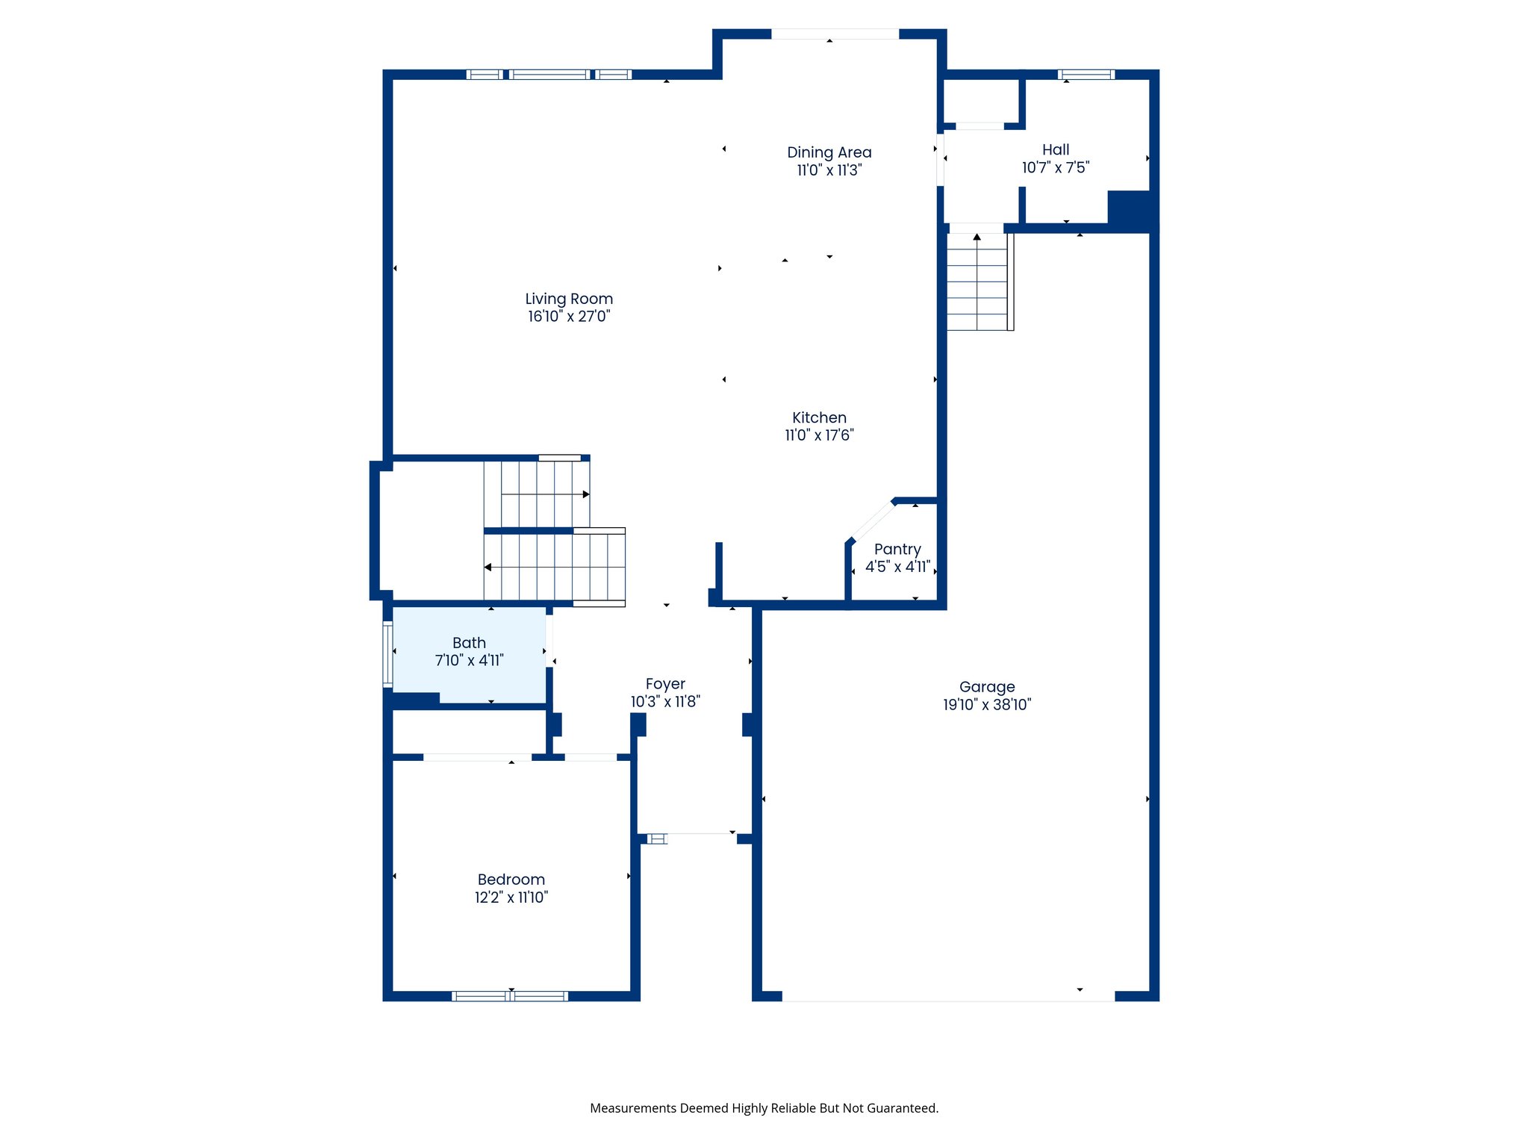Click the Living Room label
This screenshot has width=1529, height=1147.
(569, 299)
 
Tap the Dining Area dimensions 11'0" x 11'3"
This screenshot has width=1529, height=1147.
(829, 170)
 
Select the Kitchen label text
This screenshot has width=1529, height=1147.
(819, 417)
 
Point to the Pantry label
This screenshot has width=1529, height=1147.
(897, 549)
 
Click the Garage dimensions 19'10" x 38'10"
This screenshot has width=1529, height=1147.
(987, 704)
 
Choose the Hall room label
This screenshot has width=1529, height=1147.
(1056, 149)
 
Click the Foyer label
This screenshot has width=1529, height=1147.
(665, 684)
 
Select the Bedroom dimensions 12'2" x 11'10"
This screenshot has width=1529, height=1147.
(511, 898)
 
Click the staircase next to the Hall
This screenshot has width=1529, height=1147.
(977, 282)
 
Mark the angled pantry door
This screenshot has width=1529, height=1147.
(872, 520)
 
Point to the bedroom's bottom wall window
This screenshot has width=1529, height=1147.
(511, 995)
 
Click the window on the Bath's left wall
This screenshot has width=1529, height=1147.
(387, 654)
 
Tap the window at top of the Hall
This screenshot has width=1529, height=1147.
(1086, 75)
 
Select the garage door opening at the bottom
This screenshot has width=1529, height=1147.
(948, 996)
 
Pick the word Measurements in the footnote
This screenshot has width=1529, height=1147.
(633, 1108)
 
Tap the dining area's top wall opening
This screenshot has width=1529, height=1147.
(835, 34)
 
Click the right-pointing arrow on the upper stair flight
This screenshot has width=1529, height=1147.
(586, 494)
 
